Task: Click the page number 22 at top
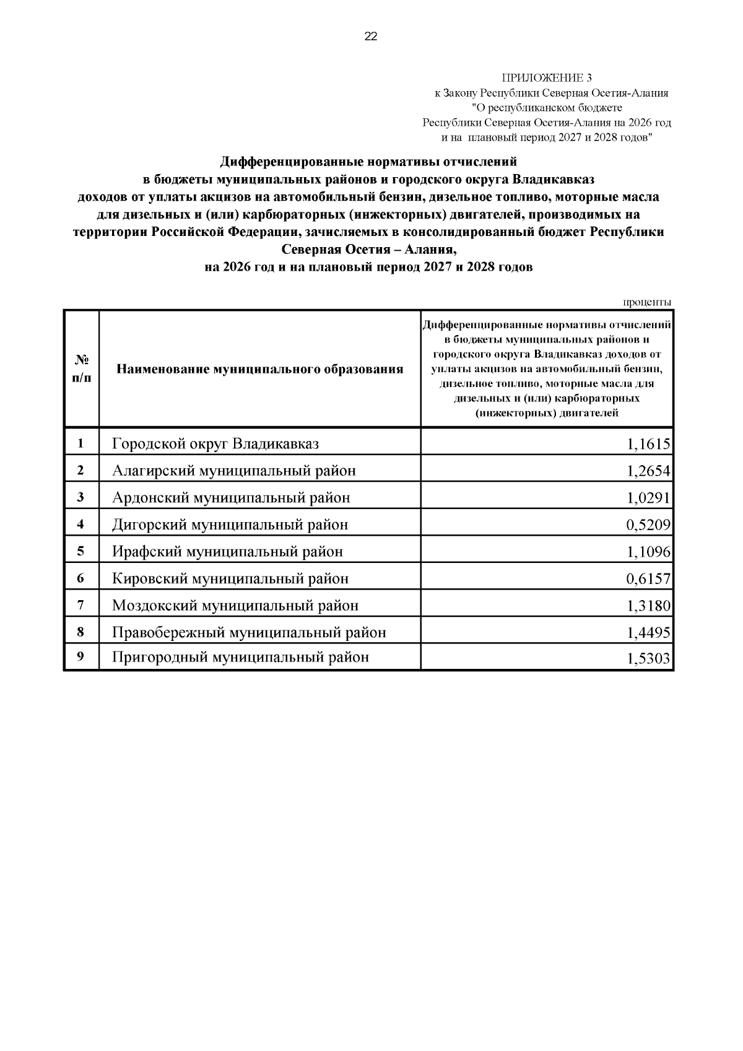click(x=370, y=37)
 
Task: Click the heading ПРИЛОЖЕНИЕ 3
click(x=546, y=78)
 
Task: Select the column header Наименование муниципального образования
click(x=259, y=370)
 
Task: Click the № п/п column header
click(x=81, y=369)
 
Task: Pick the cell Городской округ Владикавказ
click(x=215, y=444)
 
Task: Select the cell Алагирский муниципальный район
click(x=233, y=471)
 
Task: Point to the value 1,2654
click(x=648, y=471)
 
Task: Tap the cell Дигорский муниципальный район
click(x=230, y=525)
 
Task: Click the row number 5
click(x=80, y=551)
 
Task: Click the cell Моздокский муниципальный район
click(x=235, y=606)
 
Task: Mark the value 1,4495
click(x=648, y=633)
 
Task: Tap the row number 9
click(x=80, y=657)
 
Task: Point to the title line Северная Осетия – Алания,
click(x=369, y=250)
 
